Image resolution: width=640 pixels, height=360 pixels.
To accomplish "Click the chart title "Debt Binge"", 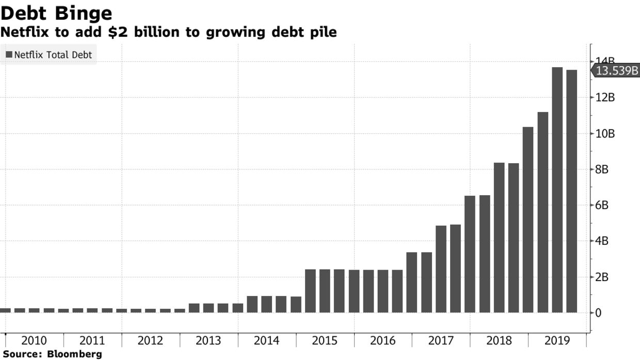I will coord(56,12).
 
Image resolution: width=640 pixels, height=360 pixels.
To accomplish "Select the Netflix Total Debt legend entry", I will coord(49,55).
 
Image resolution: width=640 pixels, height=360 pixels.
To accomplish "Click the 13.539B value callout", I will coord(616,71).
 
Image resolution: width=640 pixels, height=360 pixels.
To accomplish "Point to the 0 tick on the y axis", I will coord(598,313).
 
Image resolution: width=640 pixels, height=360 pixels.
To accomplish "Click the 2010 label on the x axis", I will coord(34,341).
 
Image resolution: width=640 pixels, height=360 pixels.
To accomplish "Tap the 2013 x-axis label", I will coord(209,341).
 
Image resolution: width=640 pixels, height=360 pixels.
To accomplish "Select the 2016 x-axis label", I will coord(382,341).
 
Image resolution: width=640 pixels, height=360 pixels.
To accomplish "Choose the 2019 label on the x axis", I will coord(557,341).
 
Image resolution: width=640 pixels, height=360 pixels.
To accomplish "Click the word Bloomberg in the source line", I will coord(74,355).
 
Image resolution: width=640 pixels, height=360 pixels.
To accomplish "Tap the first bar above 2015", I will coord(310,291).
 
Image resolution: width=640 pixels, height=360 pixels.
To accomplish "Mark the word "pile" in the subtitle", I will coord(322,32).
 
